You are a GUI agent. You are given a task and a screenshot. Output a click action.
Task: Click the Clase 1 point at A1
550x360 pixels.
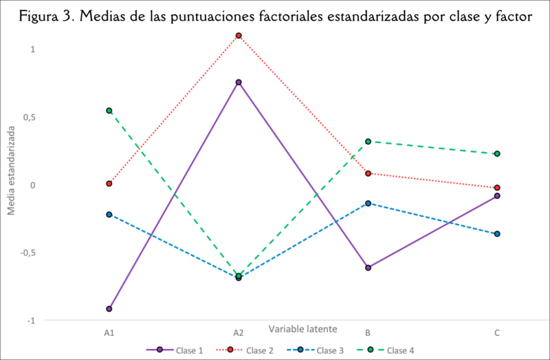pos(109,308)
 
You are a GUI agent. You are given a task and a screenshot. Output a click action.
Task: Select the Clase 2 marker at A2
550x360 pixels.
pos(239,35)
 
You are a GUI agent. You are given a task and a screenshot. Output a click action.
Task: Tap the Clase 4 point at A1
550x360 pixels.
pos(109,111)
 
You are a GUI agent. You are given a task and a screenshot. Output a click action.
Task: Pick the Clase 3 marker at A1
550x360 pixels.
pos(109,214)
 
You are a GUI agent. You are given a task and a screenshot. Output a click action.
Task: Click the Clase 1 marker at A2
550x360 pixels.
pos(239,82)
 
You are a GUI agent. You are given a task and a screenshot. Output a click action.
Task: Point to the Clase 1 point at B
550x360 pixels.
pos(368,267)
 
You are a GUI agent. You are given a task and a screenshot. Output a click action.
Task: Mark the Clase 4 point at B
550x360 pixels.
pos(368,142)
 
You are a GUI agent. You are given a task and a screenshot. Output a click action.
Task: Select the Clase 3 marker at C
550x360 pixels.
pos(497,234)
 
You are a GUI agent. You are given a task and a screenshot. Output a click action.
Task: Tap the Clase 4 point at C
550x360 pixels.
pos(497,154)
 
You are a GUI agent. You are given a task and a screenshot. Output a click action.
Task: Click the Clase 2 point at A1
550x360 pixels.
pos(109,183)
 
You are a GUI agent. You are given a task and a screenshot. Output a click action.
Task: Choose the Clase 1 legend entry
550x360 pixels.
pos(175,350)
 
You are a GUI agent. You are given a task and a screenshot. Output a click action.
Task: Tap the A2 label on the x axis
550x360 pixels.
pos(239,333)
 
